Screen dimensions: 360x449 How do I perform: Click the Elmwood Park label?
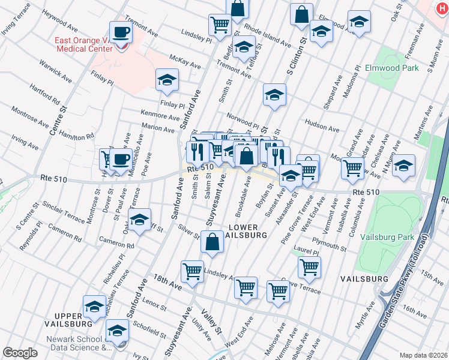(391, 68)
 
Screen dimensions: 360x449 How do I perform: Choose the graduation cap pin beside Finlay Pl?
(167, 80)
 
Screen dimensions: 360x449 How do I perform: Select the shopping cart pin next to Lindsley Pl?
(220, 25)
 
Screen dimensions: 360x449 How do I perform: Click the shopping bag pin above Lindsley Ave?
(212, 244)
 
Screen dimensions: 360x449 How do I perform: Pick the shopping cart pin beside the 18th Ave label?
(192, 271)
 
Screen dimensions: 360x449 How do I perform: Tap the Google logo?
(20, 353)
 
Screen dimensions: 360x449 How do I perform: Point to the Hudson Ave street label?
(322, 127)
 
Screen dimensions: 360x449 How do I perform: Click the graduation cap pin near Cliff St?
(139, 221)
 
